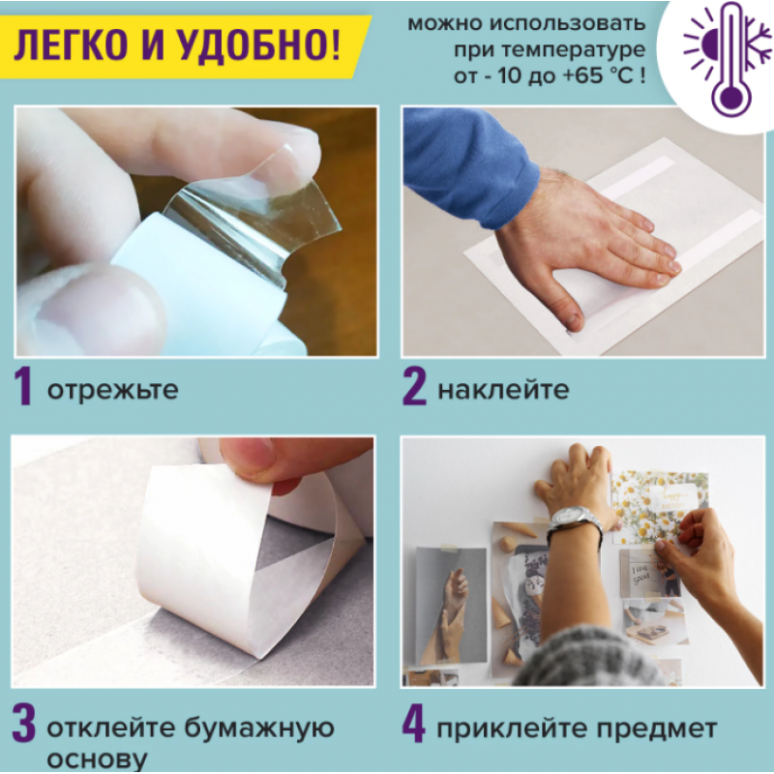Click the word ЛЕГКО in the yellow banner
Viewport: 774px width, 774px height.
click(x=72, y=45)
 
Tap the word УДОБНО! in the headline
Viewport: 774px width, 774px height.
click(x=257, y=45)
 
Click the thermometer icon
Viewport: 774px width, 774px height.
click(x=729, y=59)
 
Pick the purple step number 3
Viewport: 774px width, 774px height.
click(x=23, y=725)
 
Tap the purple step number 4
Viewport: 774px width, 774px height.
click(x=414, y=725)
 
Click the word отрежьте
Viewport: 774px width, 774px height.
click(x=112, y=390)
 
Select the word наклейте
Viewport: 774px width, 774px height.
click(x=503, y=390)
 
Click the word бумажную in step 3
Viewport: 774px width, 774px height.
click(x=259, y=729)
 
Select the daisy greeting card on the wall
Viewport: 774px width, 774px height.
click(x=659, y=507)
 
